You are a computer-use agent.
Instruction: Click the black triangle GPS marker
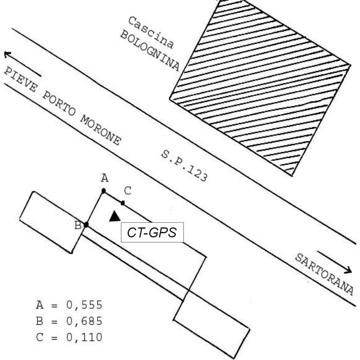tap(115, 217)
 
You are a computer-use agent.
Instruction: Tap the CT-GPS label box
tap(152, 232)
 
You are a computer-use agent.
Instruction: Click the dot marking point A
tap(104, 191)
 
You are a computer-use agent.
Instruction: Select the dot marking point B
tap(86, 225)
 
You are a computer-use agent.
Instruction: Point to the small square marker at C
tap(123, 203)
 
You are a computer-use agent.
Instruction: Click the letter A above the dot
tap(105, 178)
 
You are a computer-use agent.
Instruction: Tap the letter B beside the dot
tap(78, 225)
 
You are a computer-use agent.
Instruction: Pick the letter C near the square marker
tap(128, 191)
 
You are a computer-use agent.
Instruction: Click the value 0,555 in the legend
tap(84, 305)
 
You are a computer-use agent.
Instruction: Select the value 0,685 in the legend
tap(84, 321)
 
